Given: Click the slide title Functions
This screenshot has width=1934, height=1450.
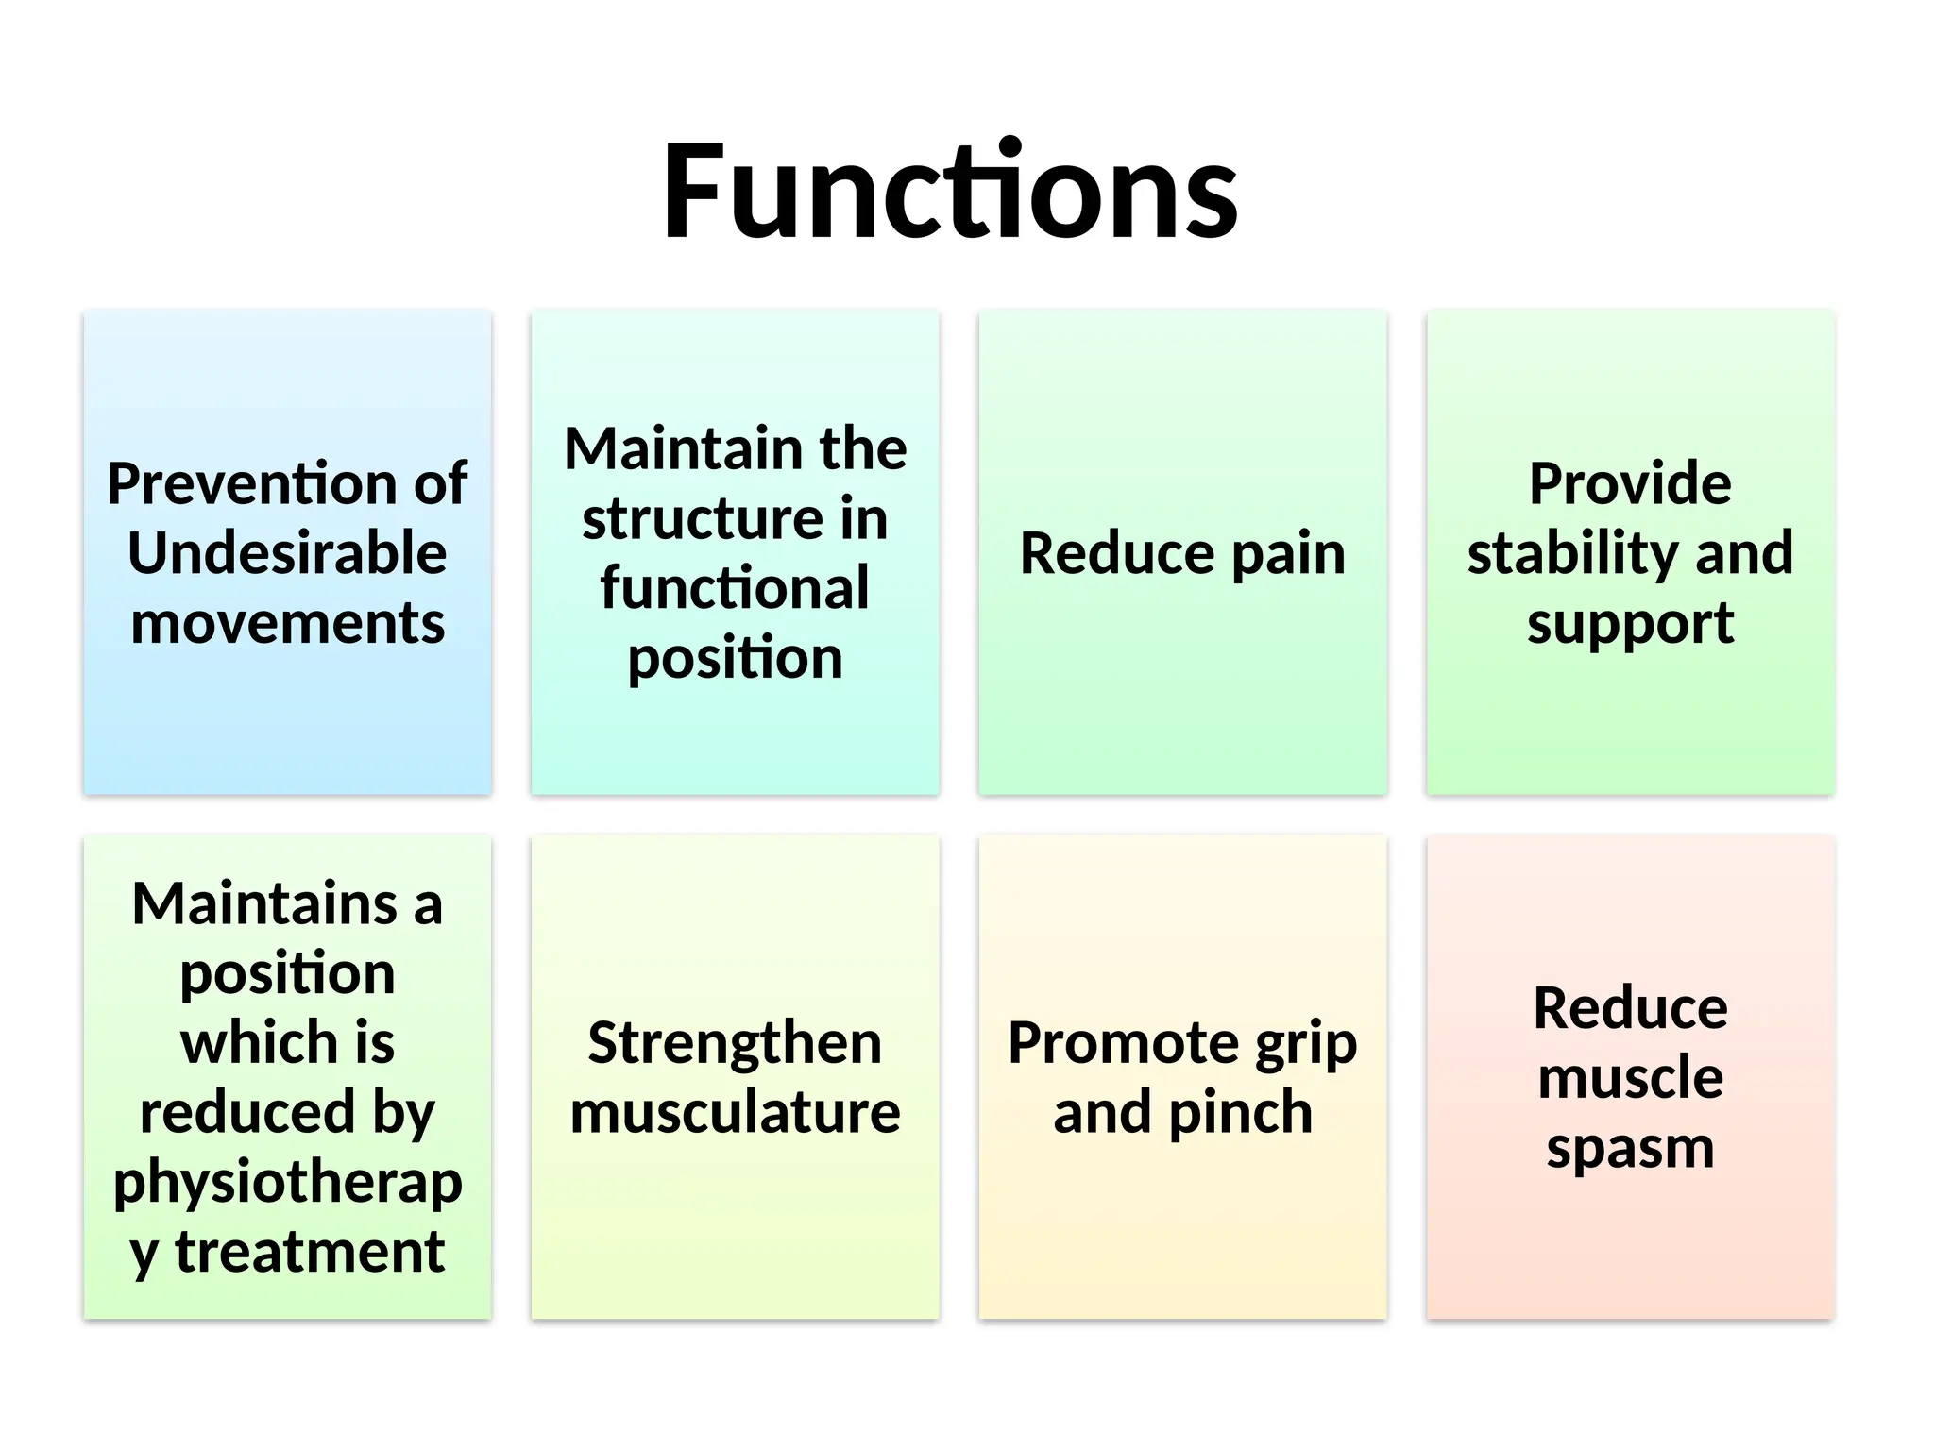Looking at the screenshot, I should point(949,192).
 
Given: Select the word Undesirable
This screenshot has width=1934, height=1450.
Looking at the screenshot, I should point(287,553).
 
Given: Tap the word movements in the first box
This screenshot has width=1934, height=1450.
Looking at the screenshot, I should point(287,623).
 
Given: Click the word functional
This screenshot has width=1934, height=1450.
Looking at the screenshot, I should point(735,588).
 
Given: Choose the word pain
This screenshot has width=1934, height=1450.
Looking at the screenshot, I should point(1288,555).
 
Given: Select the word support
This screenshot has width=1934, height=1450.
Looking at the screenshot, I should point(1630,625).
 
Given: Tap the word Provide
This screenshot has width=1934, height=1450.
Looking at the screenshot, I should point(1630,483).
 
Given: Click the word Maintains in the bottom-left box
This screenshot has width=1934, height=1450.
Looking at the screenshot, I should point(264,903).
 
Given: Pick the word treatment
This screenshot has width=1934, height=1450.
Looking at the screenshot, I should point(310,1252).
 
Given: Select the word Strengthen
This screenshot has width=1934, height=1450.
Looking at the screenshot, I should point(735,1043).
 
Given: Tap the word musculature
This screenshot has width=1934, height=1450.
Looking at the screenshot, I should point(735,1113).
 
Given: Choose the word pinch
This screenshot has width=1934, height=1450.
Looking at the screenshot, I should point(1241,1113).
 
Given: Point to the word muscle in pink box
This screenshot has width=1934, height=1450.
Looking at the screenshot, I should point(1630,1078).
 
